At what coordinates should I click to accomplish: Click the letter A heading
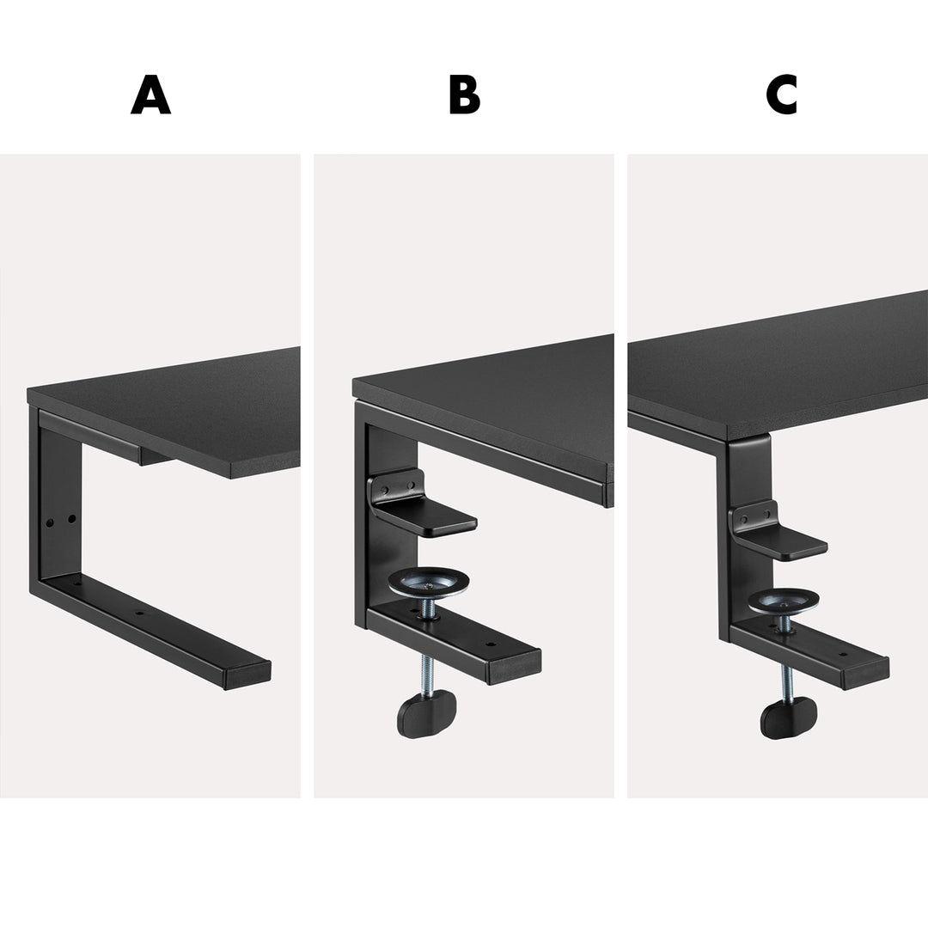pyautogui.click(x=150, y=95)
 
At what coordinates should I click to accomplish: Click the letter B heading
pyautogui.click(x=464, y=95)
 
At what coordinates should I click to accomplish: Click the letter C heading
pyautogui.click(x=781, y=95)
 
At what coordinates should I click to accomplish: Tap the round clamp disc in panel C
pyautogui.click(x=782, y=601)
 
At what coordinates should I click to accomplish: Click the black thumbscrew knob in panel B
pyautogui.click(x=426, y=715)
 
